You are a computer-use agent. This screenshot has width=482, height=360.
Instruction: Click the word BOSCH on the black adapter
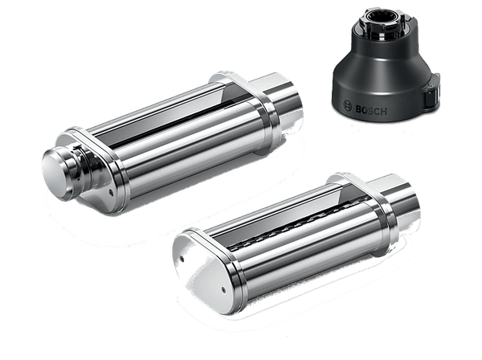(371, 110)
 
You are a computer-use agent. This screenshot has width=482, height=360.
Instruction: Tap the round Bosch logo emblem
(347, 105)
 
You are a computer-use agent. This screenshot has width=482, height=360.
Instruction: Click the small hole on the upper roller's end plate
(111, 193)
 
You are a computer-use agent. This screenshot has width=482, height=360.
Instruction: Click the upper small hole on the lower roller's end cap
(182, 260)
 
